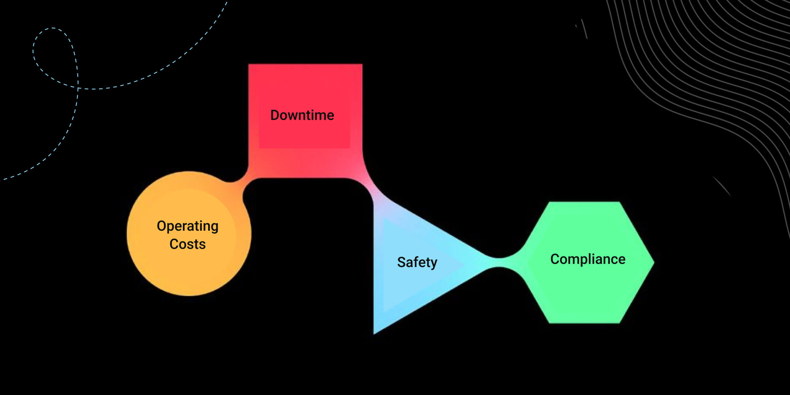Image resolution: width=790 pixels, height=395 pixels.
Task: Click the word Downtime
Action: [x=302, y=115]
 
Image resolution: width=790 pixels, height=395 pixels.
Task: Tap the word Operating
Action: [x=188, y=226]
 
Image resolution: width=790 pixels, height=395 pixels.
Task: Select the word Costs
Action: [x=188, y=244]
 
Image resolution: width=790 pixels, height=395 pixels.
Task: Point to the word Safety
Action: [x=417, y=262]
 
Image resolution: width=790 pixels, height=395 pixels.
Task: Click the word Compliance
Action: [x=588, y=259]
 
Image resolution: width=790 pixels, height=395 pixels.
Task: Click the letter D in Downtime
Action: [x=275, y=115]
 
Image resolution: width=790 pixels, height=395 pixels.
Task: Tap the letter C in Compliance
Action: [x=555, y=259]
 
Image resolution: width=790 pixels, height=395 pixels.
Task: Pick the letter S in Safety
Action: [x=401, y=262]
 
